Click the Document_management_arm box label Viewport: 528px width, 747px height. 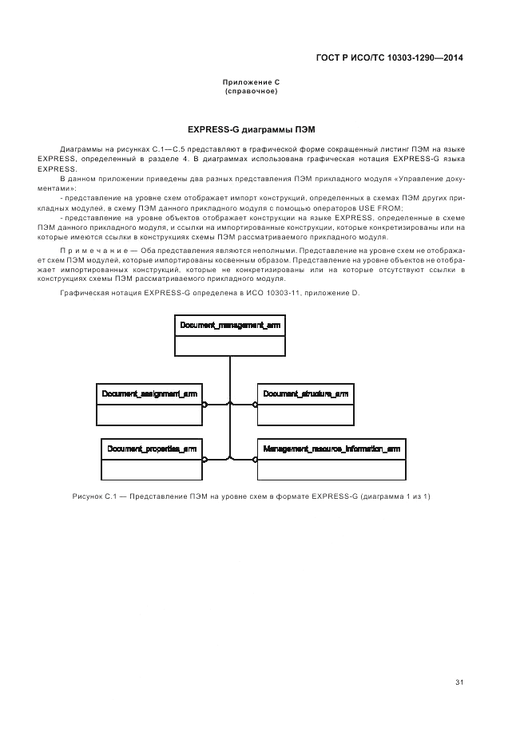point(229,326)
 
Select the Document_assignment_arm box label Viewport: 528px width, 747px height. point(149,393)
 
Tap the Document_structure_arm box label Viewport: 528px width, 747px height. point(305,393)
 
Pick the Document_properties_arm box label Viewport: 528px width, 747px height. point(152,449)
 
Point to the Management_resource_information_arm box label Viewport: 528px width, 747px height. point(331,449)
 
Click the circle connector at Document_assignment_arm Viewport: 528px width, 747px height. point(204,404)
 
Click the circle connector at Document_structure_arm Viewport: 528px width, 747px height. point(255,404)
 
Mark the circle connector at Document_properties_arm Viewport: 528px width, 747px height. point(204,459)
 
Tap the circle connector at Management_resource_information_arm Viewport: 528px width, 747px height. point(255,459)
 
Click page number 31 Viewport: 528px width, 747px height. point(459,682)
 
